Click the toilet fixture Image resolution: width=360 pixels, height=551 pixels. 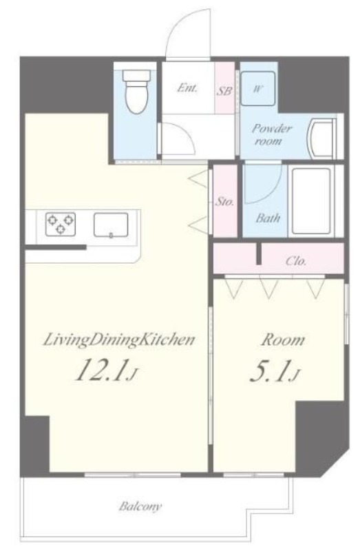point(136,91)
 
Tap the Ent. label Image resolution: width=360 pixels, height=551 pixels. point(187,87)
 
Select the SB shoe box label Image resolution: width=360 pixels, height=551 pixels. point(224,91)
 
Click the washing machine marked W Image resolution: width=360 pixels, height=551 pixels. point(258,89)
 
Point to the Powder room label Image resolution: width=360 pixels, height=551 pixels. point(271,134)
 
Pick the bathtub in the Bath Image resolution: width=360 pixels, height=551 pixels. point(311,201)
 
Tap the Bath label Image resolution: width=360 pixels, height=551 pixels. point(268,218)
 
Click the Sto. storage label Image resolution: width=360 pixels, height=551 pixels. point(224,202)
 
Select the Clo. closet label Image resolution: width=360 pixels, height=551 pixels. point(296,261)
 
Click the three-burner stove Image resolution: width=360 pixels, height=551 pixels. point(61,224)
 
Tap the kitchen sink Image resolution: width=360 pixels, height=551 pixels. point(111,225)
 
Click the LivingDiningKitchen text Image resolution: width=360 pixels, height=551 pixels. point(118,340)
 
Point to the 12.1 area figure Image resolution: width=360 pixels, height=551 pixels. point(100,369)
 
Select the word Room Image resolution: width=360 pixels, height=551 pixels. point(282,340)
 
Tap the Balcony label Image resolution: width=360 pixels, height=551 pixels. point(140,506)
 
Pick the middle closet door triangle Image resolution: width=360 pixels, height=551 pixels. point(268,287)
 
